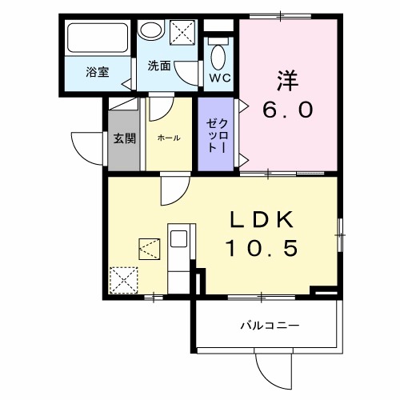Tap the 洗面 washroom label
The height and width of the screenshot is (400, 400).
click(158, 66)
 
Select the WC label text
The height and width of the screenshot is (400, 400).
click(218, 78)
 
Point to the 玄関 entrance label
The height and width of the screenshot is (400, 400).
click(124, 138)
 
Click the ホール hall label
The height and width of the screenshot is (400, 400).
click(168, 138)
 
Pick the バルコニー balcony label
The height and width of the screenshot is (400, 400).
click(270, 326)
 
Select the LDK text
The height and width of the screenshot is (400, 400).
click(264, 218)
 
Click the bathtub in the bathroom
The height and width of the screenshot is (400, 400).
click(98, 38)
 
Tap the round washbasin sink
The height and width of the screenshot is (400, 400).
click(150, 31)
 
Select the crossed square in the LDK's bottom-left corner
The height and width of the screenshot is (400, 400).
click(124, 281)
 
